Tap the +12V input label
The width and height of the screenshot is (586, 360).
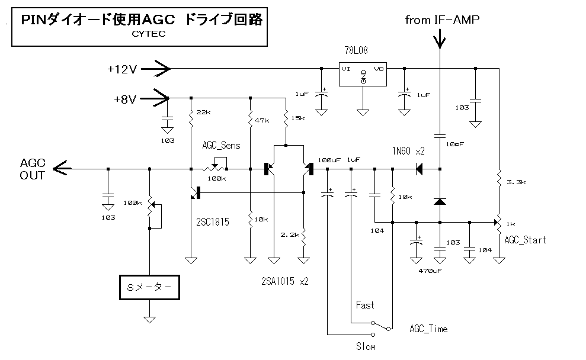point(122,69)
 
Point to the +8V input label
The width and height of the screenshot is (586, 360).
point(125,99)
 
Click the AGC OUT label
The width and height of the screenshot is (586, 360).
point(32,169)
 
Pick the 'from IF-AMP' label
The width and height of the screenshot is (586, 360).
point(442,20)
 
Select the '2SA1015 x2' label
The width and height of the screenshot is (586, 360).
point(284,281)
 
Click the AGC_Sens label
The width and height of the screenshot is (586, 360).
point(222,146)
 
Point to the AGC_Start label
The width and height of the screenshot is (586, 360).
point(525,240)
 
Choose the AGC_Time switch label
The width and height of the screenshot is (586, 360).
point(428,329)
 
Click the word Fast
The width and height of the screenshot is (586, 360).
point(365,305)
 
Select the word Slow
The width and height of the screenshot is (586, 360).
point(366,346)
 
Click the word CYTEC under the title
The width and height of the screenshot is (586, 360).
point(149,34)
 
